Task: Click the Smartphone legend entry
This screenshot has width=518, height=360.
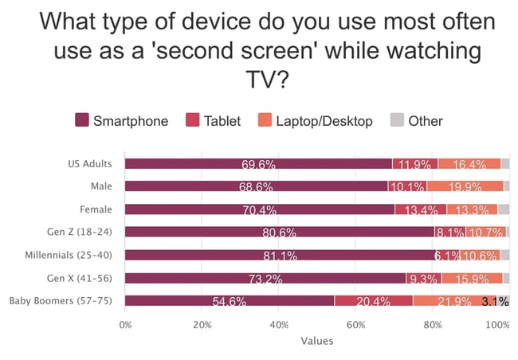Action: point(122,121)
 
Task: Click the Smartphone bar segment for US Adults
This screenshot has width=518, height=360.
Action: point(258,164)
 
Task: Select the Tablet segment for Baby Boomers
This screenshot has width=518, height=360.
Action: point(373,302)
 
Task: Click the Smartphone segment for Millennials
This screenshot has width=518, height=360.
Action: point(281,256)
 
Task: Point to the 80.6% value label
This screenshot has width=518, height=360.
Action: point(280,233)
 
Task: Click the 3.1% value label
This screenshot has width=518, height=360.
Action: point(494,302)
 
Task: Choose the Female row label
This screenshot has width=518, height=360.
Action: point(96,209)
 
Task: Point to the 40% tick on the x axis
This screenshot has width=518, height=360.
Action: point(279,325)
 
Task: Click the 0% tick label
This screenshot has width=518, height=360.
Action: point(125,325)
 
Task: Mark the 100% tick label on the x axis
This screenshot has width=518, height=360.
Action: point(497,325)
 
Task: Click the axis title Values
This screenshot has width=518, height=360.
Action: point(317,341)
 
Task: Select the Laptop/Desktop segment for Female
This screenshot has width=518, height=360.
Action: point(472,209)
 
